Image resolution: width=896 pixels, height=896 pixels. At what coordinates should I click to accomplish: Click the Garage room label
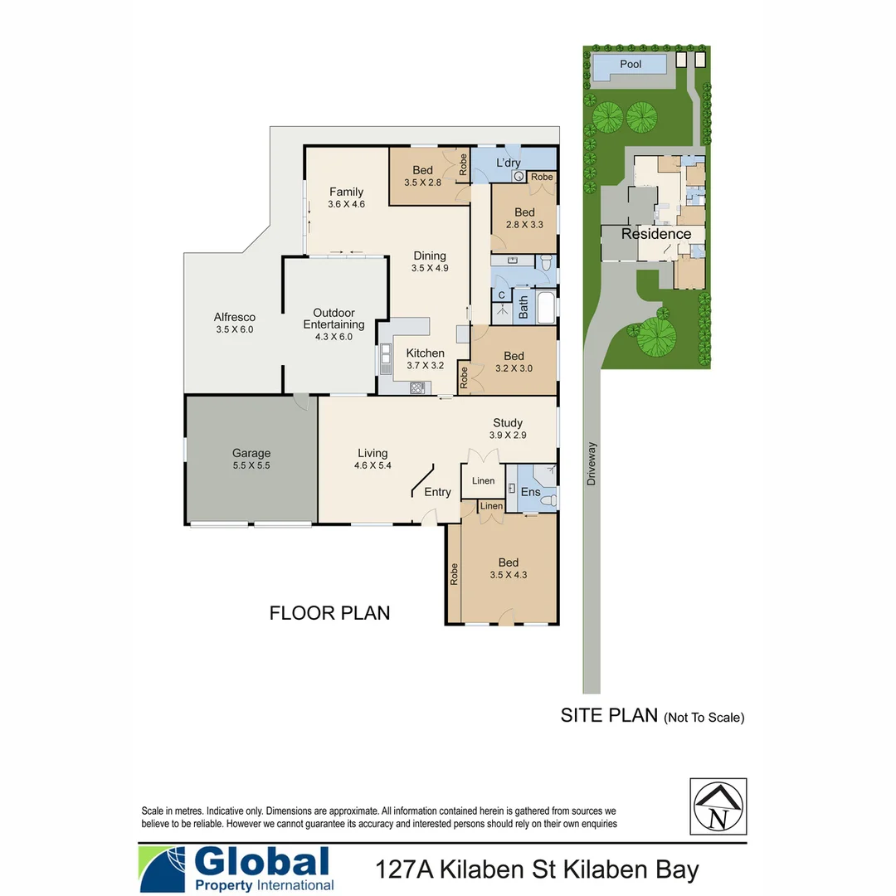[251, 453]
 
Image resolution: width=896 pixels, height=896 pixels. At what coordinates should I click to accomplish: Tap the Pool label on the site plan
[631, 64]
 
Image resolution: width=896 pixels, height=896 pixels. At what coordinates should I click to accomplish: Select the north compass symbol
[718, 806]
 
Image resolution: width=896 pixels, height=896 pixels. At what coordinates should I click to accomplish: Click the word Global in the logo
[262, 862]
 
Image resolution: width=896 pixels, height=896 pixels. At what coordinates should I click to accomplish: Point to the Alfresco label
[234, 317]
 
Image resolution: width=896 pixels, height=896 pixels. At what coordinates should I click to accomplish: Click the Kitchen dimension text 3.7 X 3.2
[425, 365]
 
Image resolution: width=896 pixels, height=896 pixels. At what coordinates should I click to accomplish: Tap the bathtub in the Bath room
[546, 308]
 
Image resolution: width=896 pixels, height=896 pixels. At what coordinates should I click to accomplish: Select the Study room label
[507, 423]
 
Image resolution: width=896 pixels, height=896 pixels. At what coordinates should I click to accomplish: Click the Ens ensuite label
[530, 492]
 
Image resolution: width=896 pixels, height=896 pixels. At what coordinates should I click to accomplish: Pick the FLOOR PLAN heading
[329, 613]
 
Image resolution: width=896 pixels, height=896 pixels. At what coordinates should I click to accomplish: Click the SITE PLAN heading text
[609, 715]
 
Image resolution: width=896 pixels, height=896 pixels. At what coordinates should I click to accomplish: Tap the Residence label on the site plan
[656, 234]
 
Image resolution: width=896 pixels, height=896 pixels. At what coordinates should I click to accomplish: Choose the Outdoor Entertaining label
[334, 319]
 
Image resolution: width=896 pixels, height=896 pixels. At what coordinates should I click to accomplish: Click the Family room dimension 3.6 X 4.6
[346, 203]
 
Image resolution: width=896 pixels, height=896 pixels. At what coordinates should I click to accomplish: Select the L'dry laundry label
[509, 163]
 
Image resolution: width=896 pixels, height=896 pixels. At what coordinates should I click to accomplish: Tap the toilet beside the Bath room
[545, 263]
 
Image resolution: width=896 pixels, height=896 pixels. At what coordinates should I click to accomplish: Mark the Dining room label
[429, 256]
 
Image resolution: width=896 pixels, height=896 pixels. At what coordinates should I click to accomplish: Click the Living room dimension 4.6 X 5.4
[373, 465]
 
